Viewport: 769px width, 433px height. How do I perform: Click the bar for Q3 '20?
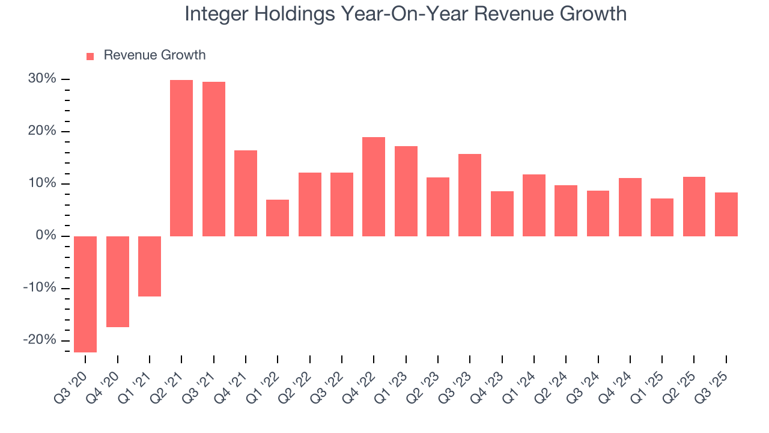click(85, 294)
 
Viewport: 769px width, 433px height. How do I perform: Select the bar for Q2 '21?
click(181, 158)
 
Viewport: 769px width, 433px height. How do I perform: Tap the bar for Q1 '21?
click(150, 266)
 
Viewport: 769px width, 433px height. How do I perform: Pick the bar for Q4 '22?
click(374, 186)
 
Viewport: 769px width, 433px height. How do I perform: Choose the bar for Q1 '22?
click(278, 218)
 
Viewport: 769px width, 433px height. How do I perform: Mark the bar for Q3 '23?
click(470, 195)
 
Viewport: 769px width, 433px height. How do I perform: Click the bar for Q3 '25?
click(726, 214)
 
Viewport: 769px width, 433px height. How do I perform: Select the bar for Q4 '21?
click(246, 193)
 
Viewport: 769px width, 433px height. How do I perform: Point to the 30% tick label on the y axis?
click(41, 79)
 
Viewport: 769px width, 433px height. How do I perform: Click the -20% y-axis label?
click(40, 340)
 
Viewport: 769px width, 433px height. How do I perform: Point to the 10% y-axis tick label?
click(42, 183)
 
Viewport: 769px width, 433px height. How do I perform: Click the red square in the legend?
click(90, 57)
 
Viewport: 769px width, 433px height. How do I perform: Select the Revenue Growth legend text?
click(154, 55)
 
